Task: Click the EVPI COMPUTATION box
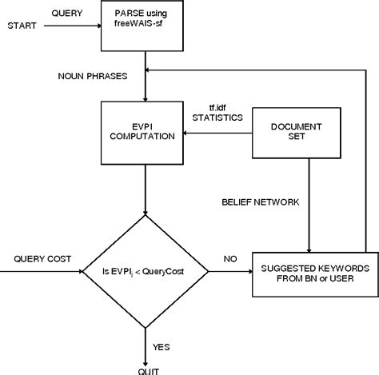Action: [x=146, y=130]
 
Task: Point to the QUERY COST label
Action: [x=42, y=259]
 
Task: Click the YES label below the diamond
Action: [x=161, y=346]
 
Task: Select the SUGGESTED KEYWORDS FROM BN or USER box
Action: [x=309, y=272]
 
